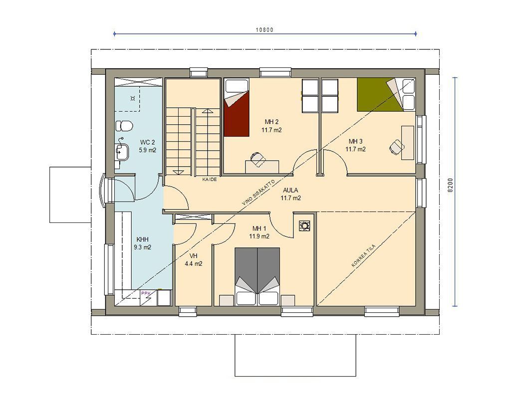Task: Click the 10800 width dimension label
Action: coord(264,30)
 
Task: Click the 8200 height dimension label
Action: coord(450,185)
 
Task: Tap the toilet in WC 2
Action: coord(124,126)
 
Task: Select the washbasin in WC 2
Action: coord(122,151)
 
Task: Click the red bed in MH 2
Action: coord(236,108)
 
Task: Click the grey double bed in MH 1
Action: coord(257,276)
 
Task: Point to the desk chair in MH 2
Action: coord(257,159)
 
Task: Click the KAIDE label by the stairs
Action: coord(210,179)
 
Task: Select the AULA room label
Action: coord(290,191)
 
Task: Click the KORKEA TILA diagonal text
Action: coord(364,256)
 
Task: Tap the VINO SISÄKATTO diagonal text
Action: coord(258,193)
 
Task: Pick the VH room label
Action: coord(194,256)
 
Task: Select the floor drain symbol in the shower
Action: coord(132,98)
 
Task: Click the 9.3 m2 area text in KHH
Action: coord(143,247)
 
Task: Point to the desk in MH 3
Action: coord(407,143)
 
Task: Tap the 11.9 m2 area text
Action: coord(259,236)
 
